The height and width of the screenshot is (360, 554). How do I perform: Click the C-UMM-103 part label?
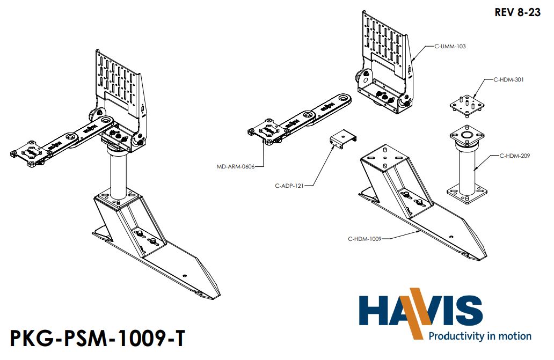coord(450,47)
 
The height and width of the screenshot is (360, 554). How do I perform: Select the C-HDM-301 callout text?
coord(508,79)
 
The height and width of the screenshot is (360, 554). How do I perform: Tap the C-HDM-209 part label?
coord(515,156)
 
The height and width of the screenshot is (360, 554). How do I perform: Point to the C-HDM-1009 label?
coord(365,239)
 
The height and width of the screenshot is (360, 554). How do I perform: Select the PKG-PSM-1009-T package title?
coord(98,339)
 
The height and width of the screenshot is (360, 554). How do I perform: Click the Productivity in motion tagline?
coord(479,336)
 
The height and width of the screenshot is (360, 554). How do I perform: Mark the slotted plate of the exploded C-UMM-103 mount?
coord(385,38)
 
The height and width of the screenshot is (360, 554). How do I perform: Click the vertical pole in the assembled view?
coord(118,172)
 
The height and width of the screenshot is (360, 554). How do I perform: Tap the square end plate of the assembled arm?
coord(31,153)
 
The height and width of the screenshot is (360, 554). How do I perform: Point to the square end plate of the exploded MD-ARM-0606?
coord(267,130)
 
